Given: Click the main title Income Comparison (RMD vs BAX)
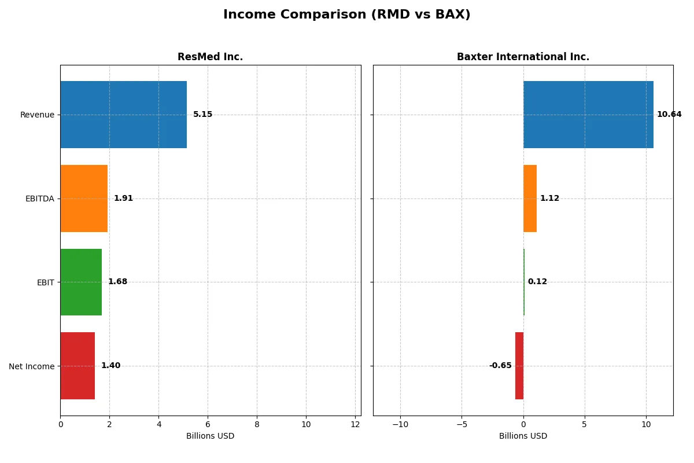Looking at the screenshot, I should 346,15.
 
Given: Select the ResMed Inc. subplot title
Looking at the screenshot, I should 210,57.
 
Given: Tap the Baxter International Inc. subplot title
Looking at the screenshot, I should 523,57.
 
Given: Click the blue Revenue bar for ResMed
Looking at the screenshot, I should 123,115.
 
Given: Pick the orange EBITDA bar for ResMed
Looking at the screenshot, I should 84,199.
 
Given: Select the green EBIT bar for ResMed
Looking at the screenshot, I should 81,282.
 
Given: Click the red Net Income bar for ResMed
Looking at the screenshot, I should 77,366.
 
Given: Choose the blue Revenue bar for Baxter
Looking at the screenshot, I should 588,115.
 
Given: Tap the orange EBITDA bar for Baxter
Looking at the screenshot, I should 530,199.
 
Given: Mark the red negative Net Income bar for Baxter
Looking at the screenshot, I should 519,366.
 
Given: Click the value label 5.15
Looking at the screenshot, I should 202,115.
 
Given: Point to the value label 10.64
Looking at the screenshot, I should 669,115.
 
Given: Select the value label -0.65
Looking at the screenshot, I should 500,366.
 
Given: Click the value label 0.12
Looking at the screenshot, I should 537,282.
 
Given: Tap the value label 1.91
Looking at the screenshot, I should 123,199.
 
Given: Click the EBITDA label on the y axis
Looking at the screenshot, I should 39,199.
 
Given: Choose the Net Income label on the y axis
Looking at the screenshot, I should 32,366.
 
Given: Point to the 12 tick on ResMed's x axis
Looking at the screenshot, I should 355,424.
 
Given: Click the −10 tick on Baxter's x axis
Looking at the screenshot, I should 400,424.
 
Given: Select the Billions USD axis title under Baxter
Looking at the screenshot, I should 523,436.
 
